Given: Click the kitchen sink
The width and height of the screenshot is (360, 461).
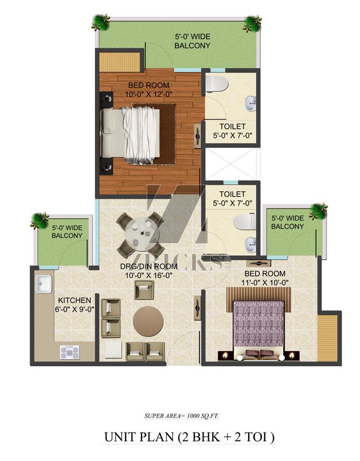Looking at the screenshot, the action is (x=43, y=283).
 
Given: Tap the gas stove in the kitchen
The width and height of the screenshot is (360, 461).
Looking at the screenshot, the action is (x=69, y=352).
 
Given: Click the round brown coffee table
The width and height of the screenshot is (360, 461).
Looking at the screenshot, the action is (x=148, y=321).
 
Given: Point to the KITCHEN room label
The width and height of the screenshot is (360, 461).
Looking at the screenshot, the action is (x=74, y=300).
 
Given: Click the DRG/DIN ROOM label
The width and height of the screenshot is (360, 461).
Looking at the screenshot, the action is (x=149, y=266).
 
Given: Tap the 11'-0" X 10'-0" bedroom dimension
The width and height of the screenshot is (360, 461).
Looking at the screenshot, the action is (x=265, y=282).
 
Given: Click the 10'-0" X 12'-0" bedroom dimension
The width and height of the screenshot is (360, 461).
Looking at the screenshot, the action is (x=149, y=94).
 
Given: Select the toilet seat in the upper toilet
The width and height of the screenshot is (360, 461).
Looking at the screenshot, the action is (x=217, y=83).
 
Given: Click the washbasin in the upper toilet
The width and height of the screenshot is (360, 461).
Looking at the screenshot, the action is (x=250, y=104).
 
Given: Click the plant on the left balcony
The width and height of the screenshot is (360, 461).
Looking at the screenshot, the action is (x=39, y=221).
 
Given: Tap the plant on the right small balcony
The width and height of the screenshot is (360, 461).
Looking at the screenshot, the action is (x=318, y=210).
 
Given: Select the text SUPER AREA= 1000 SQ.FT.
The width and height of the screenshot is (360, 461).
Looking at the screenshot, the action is (x=181, y=416).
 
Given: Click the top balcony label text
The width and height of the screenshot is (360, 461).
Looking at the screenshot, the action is (x=193, y=41).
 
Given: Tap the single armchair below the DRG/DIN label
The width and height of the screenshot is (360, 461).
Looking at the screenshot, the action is (x=144, y=290).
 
